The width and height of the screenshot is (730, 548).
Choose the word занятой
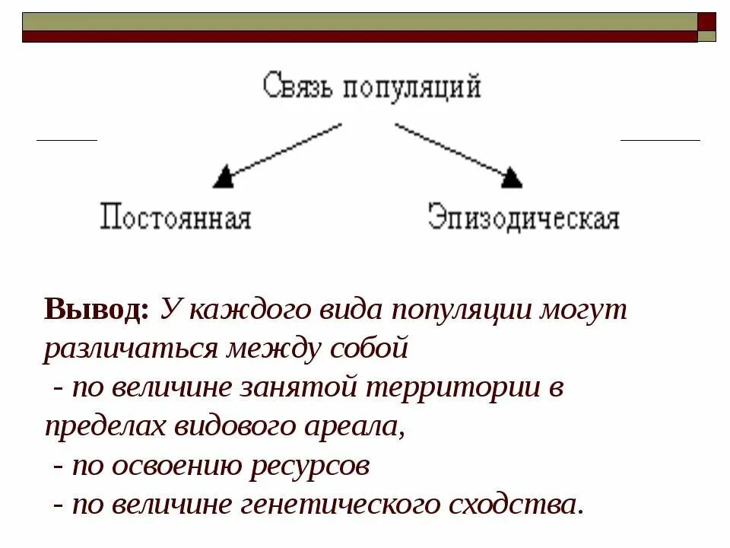coord(301,389)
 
